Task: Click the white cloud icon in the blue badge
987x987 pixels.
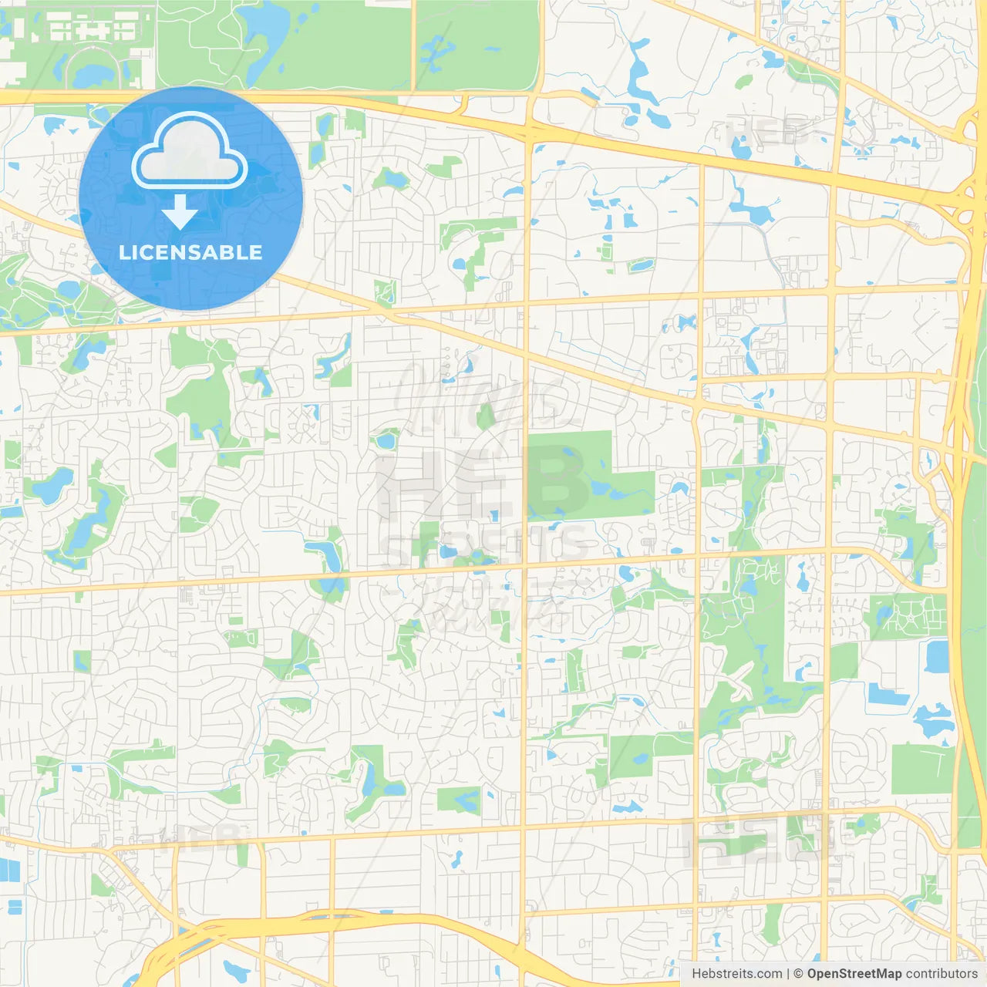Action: pos(190,152)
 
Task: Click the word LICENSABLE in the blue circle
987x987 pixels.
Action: pos(190,252)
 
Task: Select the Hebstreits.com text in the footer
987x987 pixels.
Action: pos(736,974)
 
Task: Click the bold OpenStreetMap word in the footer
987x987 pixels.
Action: pos(854,974)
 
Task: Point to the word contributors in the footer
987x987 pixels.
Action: pos(942,974)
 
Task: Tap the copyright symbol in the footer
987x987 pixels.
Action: pos(798,974)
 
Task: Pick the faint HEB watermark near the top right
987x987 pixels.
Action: pos(767,131)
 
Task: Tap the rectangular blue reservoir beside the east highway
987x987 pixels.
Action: pos(937,656)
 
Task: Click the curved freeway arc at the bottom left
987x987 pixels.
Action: pos(231,929)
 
